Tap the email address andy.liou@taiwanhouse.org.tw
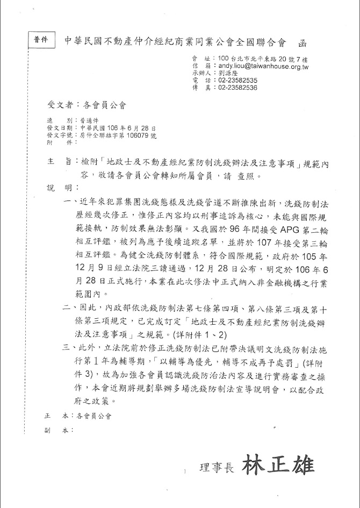coord(264,65)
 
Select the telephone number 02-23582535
coord(238,80)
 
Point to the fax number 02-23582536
coord(238,88)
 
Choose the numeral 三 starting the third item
coord(67,348)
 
